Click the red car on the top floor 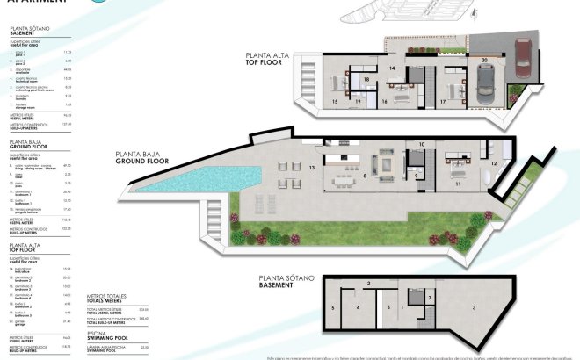(521, 60)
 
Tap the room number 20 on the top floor (484, 61)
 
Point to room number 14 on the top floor (393, 68)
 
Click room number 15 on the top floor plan (335, 102)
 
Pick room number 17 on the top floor (443, 102)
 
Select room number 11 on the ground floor (458, 184)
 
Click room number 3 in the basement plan (475, 307)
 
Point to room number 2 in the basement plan (369, 284)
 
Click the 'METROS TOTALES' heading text (109, 297)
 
